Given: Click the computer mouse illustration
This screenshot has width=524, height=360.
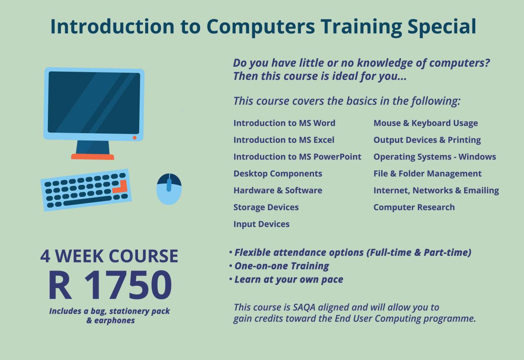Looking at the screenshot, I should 169,189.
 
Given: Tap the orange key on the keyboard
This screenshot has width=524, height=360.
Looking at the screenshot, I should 121,188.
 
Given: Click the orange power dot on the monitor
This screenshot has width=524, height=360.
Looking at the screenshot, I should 134,138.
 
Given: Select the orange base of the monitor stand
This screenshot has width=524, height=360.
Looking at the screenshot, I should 93,156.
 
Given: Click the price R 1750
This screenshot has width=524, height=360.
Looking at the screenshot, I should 109,285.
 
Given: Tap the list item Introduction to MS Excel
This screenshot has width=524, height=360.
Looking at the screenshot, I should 284,140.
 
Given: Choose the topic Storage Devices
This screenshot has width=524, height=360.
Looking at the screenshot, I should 266,207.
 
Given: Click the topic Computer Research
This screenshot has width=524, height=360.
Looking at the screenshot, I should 414,207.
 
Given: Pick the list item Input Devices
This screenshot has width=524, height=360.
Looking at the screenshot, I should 261,224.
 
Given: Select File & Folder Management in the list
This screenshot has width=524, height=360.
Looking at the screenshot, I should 427,174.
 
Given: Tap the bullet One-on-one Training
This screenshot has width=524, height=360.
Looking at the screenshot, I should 282,266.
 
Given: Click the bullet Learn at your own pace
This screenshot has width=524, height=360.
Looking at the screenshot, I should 289,279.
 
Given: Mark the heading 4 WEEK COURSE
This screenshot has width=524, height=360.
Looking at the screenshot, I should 109,256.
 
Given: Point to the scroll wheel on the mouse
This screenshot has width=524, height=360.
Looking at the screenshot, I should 169,184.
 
